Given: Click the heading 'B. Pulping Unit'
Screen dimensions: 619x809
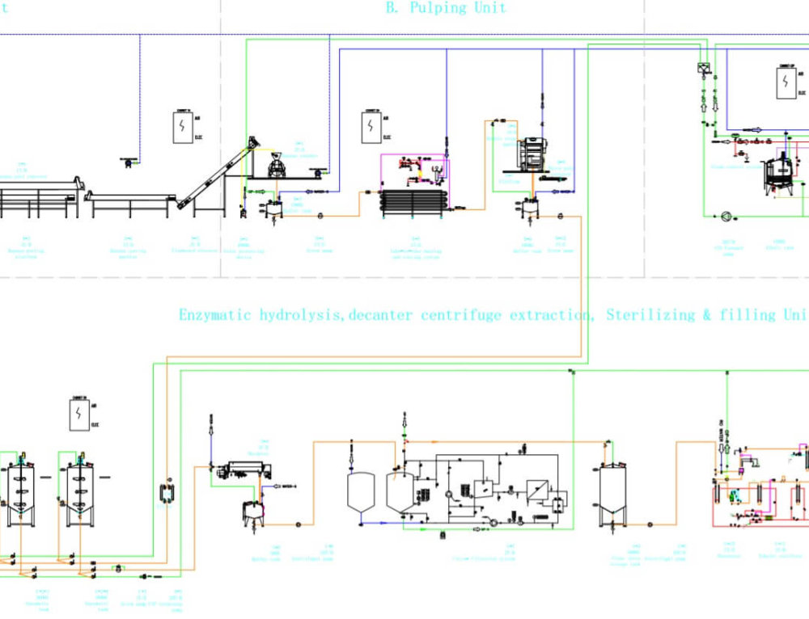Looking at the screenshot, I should pyautogui.click(x=446, y=8).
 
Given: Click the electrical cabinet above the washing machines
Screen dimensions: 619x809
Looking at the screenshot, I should pyautogui.click(x=181, y=127).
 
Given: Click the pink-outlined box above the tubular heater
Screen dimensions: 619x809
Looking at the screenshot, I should pyautogui.click(x=415, y=171).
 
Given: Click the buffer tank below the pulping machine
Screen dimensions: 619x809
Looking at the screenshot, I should pyautogui.click(x=530, y=209).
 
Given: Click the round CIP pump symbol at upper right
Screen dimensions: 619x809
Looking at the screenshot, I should pyautogui.click(x=726, y=217).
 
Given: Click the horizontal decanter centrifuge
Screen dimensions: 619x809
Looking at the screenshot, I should pyautogui.click(x=248, y=469).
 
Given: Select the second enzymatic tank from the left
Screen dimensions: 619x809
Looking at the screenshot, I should pyautogui.click(x=79, y=491).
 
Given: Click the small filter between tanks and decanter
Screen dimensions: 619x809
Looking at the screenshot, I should pyautogui.click(x=167, y=492).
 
